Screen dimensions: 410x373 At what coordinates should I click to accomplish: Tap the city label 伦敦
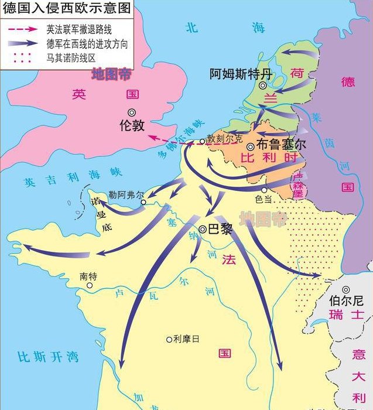coord(131,125)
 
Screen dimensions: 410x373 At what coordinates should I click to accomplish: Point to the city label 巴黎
coord(220,230)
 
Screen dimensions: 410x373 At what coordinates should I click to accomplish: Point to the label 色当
coord(264,199)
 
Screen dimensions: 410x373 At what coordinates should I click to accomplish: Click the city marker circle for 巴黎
coord(203,230)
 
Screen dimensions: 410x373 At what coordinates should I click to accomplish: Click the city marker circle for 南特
coord(90,285)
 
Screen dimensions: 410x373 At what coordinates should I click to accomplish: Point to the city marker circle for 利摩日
coord(169,339)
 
